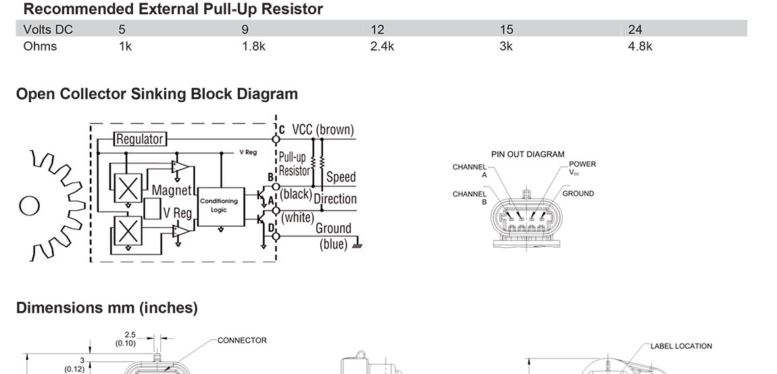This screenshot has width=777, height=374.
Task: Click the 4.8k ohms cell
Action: [x=640, y=47]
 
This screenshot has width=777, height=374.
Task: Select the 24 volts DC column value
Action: [x=635, y=30]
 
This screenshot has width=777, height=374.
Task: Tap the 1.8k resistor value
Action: [x=253, y=47]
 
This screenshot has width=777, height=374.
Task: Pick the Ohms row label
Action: [x=40, y=47]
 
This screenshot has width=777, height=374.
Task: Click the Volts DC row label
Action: [x=47, y=30]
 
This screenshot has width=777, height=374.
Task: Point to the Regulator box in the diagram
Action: [x=139, y=139]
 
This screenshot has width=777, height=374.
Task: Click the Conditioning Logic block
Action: [x=218, y=205]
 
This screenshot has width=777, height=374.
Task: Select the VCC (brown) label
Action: [x=322, y=130]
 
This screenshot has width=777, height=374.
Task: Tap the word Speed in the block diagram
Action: [x=341, y=178]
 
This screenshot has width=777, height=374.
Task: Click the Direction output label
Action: [x=334, y=199]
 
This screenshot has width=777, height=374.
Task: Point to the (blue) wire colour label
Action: [x=334, y=244]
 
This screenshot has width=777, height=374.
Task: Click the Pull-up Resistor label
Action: [x=295, y=164]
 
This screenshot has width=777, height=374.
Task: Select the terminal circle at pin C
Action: [x=276, y=139]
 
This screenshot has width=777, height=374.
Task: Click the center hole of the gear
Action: [x=29, y=205]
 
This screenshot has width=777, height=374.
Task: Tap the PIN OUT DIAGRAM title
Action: [x=528, y=154]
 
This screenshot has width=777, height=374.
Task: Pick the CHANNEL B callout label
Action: [x=470, y=198]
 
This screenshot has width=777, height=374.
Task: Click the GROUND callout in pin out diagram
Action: [x=578, y=194]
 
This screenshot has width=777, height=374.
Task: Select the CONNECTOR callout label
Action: [x=242, y=340]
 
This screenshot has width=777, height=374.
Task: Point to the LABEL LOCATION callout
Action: [x=681, y=346]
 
